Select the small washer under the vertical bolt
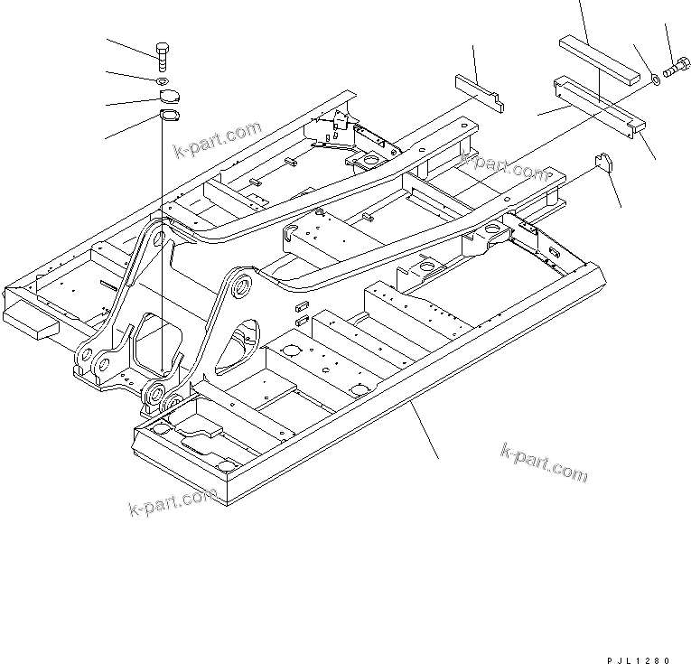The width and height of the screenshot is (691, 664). pos(161,82)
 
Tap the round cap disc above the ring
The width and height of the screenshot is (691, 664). pos(169,97)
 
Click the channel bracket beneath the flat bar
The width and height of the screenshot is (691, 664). pos(600,107)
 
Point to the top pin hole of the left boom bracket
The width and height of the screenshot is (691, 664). pos(159,238)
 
